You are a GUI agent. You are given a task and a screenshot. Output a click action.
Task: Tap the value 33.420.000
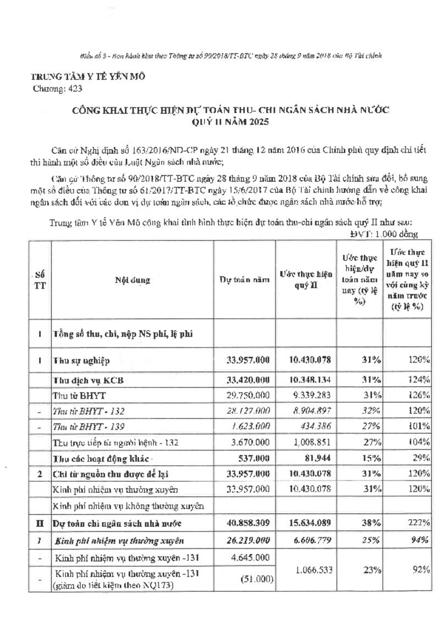click(x=248, y=380)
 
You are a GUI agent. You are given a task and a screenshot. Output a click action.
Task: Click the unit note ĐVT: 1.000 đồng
click(x=384, y=235)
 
